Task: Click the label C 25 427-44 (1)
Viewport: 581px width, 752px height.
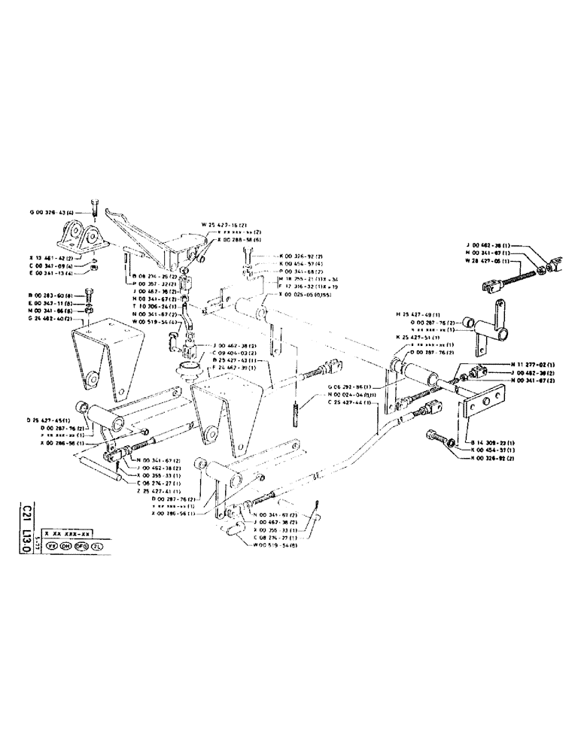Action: tap(351, 402)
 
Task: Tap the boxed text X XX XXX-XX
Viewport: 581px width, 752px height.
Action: tap(68, 531)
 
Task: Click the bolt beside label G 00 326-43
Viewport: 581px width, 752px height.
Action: tap(93, 205)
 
